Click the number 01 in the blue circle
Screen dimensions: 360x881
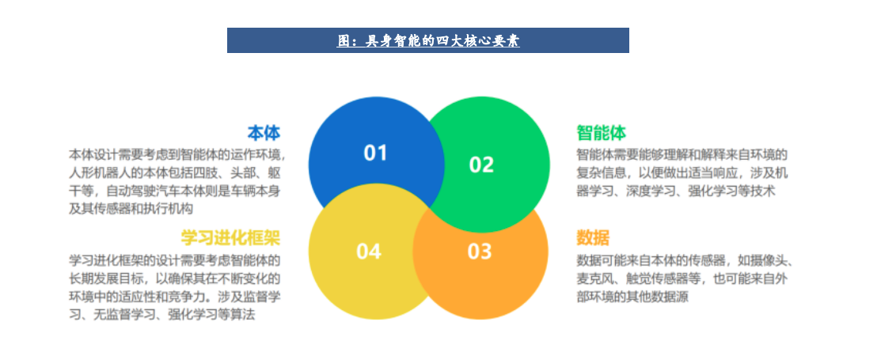[375, 153]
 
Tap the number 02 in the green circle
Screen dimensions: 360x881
[481, 164]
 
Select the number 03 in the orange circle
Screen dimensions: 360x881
[480, 252]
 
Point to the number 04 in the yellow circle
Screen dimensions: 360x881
[369, 252]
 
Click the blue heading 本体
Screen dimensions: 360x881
[264, 132]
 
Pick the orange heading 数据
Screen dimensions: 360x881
[592, 237]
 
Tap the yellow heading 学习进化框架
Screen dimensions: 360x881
[230, 237]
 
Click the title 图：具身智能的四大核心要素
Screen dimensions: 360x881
[427, 40]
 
